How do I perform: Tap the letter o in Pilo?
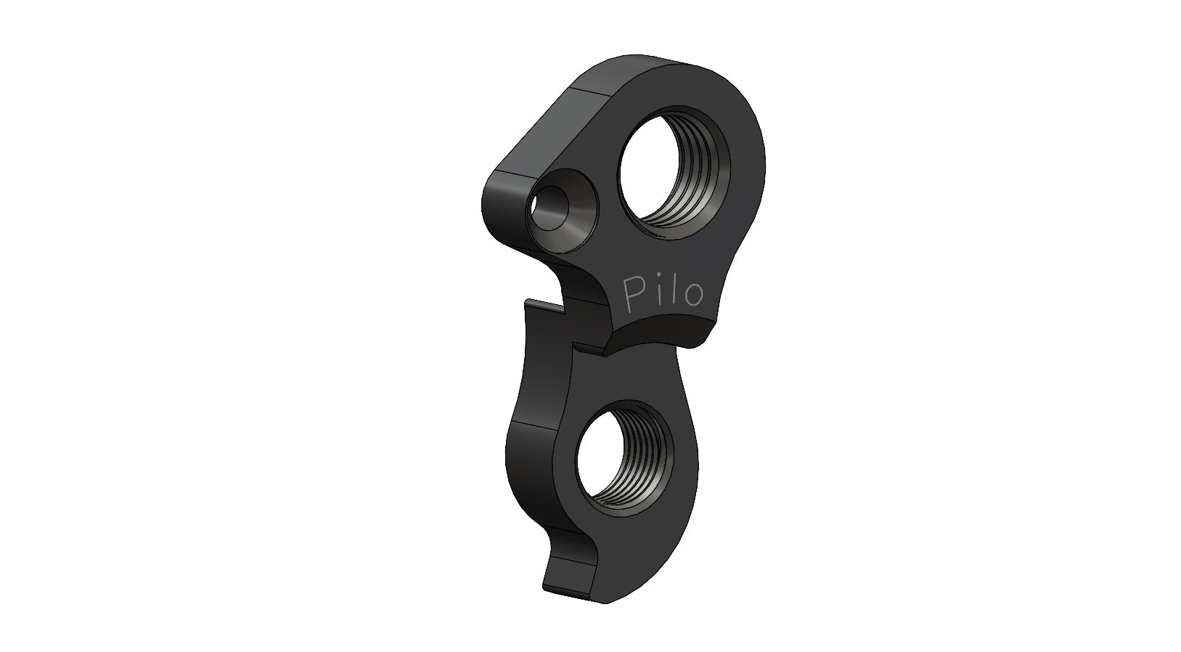coord(694,293)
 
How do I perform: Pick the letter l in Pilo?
coord(676,290)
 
